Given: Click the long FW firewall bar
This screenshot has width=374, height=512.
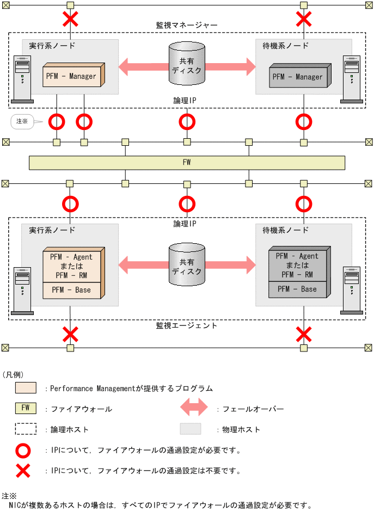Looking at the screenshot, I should point(187,162).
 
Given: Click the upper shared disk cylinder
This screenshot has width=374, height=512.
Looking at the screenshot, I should point(187,65).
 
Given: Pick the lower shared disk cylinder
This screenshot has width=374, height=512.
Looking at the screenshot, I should point(187,266).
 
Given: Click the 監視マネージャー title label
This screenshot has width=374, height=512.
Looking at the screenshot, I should point(187,25).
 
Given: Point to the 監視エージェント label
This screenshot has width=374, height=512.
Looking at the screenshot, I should point(187,325).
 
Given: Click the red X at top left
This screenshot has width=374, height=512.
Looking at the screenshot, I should point(70,20).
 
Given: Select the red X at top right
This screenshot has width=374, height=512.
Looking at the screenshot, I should point(303,20).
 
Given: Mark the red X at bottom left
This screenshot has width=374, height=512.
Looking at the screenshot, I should point(70,333).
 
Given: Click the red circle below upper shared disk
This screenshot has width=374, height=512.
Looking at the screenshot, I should point(187,121).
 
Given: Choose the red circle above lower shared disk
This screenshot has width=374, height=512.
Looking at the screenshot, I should point(187,204).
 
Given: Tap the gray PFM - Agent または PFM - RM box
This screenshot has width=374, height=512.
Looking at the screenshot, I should point(297,265).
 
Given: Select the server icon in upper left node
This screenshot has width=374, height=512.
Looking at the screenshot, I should point(22,79).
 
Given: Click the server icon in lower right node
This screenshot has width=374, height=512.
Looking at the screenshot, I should point(351,290).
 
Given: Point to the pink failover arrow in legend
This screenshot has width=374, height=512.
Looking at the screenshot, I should point(194,408).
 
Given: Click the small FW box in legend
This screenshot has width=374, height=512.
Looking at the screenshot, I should point(26,408).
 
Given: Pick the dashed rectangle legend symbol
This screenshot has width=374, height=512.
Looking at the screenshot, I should point(26,429).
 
